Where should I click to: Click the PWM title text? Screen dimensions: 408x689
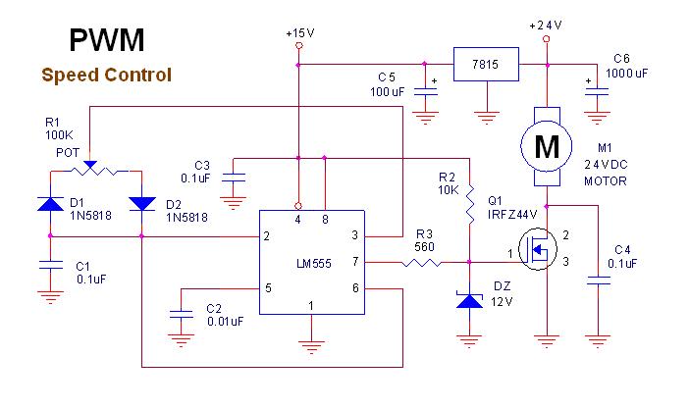[107, 40]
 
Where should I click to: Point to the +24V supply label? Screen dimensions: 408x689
[547, 25]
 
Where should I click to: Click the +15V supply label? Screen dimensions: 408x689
[299, 33]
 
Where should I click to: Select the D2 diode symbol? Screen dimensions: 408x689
[142, 203]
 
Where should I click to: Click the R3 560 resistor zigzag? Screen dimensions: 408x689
[424, 262]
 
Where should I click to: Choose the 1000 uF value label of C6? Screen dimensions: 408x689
[629, 73]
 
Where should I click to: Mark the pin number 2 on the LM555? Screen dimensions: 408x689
[267, 236]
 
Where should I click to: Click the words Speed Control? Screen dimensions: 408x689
[107, 75]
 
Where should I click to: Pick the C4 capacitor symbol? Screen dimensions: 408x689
[595, 280]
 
